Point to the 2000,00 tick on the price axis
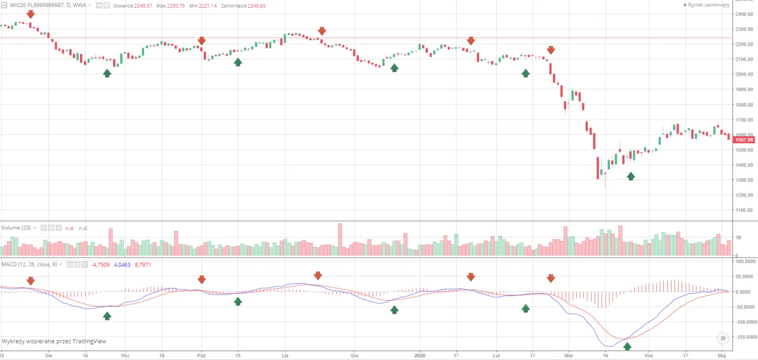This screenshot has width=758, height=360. coord(744,75)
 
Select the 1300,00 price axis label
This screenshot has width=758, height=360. coord(744,180)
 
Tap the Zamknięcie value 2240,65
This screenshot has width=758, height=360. coord(253,5)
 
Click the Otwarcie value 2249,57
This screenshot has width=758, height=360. coord(140,5)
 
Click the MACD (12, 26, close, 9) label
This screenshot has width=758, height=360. coord(29,264)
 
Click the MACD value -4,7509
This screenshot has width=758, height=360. coord(101,264)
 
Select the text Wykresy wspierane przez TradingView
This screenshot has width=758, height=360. coord(54,341)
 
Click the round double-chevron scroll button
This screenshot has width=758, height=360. coord(722,338)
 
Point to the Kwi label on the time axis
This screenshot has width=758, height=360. coord(649,356)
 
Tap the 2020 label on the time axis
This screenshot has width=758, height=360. coord(420,356)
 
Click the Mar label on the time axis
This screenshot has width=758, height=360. coord(568,356)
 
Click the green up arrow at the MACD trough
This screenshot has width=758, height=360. coord(627,346)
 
